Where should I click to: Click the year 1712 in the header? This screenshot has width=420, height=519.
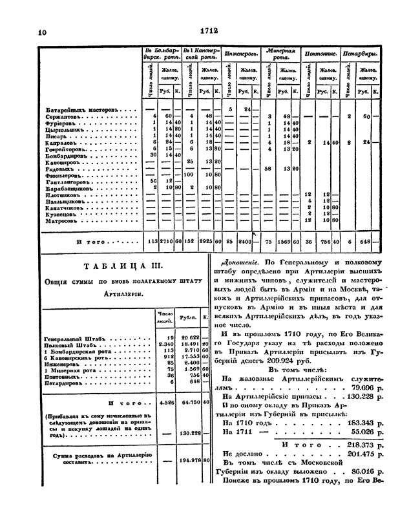point(210,29)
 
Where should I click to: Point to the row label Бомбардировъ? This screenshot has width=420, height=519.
point(72,155)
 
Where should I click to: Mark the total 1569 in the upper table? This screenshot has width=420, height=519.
point(283,243)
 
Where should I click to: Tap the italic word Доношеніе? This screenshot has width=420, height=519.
point(240,264)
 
